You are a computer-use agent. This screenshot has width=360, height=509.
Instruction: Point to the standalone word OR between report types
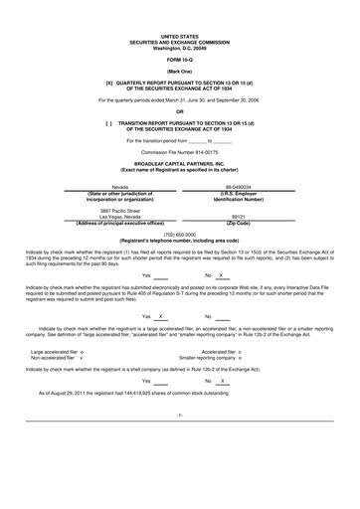[180, 109]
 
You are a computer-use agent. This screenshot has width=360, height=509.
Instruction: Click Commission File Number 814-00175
[180, 151]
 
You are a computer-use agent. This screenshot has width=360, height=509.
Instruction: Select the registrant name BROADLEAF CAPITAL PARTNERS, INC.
[180, 164]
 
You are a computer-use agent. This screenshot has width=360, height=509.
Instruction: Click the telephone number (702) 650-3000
[180, 234]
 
